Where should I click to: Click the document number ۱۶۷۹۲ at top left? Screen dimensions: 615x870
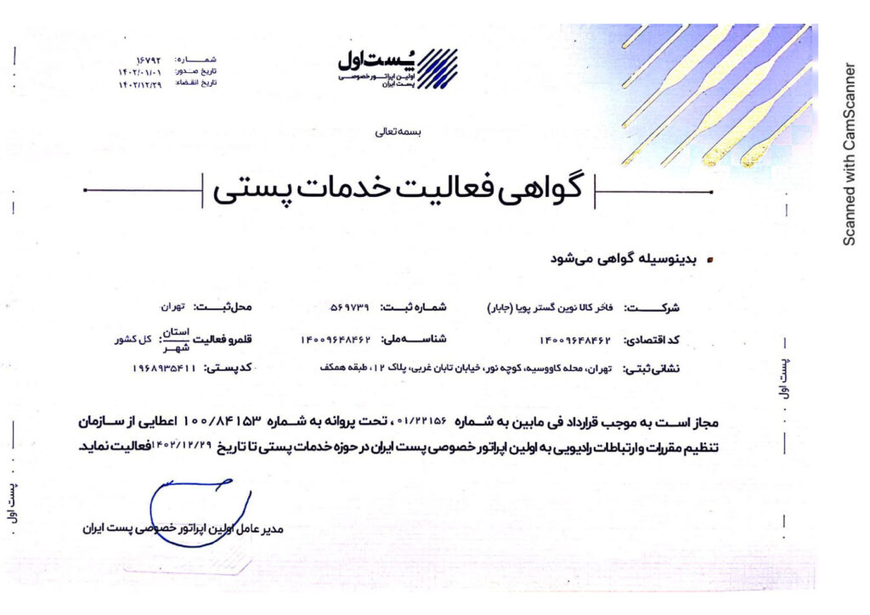(x=148, y=60)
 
